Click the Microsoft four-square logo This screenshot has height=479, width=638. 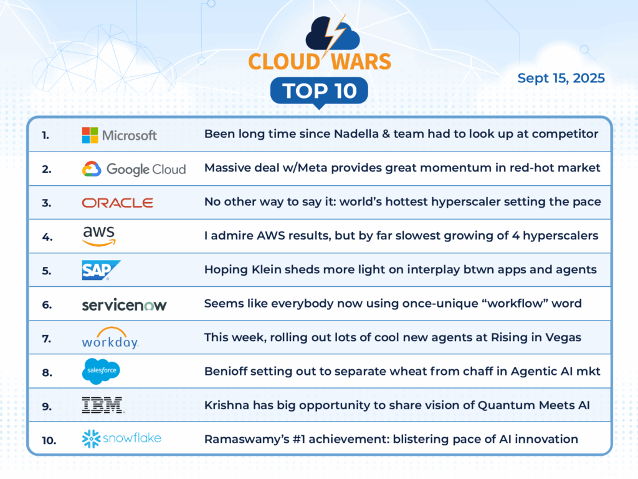pyautogui.click(x=90, y=135)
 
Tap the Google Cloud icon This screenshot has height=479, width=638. pyautogui.click(x=92, y=168)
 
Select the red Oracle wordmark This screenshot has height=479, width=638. pyautogui.click(x=118, y=203)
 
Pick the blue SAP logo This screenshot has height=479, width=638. pyautogui.click(x=102, y=271)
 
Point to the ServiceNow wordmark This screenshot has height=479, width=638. pyautogui.click(x=124, y=304)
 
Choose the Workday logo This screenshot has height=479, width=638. pyautogui.click(x=110, y=337)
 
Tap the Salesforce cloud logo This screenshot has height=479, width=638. pyautogui.click(x=102, y=371)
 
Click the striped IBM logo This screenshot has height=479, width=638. pyautogui.click(x=103, y=405)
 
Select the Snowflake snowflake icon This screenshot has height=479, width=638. pyautogui.click(x=91, y=438)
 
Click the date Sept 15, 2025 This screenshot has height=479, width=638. pyautogui.click(x=561, y=78)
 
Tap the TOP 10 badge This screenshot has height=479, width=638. pyautogui.click(x=320, y=91)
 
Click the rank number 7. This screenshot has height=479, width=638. pyautogui.click(x=46, y=339)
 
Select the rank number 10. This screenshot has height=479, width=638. pyautogui.click(x=49, y=440)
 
